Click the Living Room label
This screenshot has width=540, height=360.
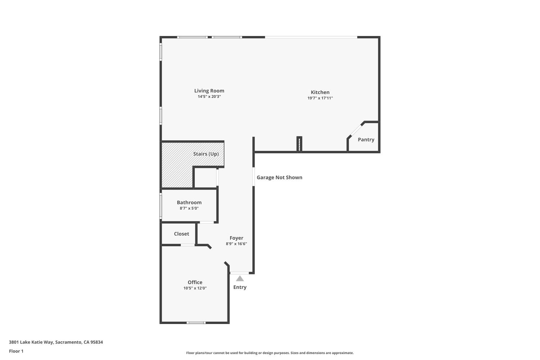click(x=209, y=91)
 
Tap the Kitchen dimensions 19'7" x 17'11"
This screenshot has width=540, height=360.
click(x=320, y=98)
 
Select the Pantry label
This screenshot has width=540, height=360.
click(x=366, y=140)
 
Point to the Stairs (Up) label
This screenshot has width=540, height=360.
click(x=206, y=154)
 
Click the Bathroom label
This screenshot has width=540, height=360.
click(x=189, y=202)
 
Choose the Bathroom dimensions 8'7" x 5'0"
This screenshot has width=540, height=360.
click(x=189, y=208)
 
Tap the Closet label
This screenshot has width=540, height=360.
click(x=181, y=234)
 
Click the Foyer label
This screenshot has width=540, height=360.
click(x=236, y=238)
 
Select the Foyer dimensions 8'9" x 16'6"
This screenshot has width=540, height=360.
click(x=236, y=244)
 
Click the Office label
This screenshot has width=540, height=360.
click(x=195, y=282)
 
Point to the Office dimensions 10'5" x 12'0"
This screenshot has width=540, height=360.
click(x=195, y=288)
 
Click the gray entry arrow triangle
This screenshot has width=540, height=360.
click(x=240, y=279)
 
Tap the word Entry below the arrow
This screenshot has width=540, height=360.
click(x=240, y=287)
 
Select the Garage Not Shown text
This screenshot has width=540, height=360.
click(x=279, y=177)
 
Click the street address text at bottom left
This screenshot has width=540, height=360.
click(x=56, y=342)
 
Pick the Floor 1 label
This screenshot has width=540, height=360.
click(x=16, y=351)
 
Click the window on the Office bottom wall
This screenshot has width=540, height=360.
click(x=196, y=323)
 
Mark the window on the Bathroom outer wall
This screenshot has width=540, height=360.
click(x=161, y=206)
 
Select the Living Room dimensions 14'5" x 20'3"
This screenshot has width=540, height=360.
click(x=209, y=96)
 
